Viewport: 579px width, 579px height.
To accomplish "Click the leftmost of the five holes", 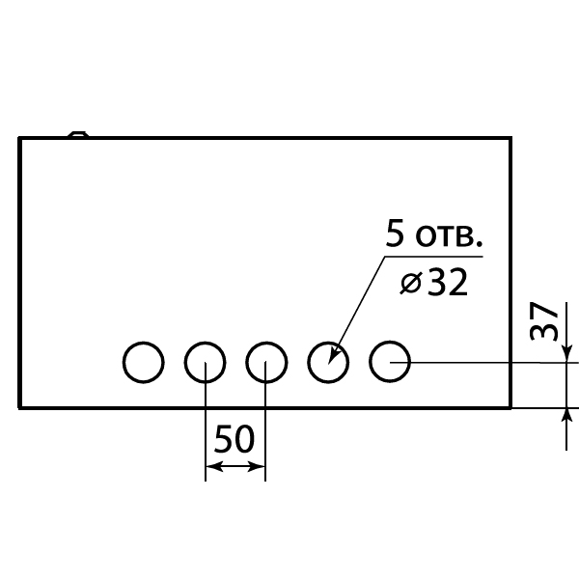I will click(144, 363).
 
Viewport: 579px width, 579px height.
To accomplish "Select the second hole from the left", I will click(206, 363).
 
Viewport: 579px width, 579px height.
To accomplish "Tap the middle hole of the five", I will click(266, 363).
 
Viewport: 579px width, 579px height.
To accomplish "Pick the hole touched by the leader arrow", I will click(328, 363).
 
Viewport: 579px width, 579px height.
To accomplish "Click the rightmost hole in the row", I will click(390, 363).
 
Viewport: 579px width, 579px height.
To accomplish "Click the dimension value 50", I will click(234, 440).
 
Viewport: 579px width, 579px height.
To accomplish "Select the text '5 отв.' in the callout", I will click(432, 234).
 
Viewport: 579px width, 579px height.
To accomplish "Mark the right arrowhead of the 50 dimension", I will click(258, 468).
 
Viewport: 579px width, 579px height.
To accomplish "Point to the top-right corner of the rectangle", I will click(510, 139).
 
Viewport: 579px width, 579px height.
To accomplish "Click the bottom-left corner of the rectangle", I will click(20, 407).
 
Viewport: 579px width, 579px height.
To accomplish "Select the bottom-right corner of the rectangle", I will click(510, 407).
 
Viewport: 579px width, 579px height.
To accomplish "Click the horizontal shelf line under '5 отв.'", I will click(434, 258).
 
